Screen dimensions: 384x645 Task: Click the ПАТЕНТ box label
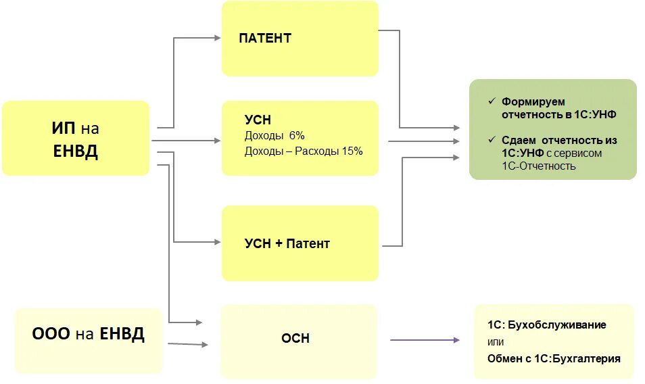coord(265,38)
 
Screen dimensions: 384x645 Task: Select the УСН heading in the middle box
coord(258,120)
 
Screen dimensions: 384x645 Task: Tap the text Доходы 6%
coord(274,136)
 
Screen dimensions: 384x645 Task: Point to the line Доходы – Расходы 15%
coord(304,151)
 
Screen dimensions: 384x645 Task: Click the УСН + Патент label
coord(287,243)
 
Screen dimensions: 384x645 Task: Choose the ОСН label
coord(295,338)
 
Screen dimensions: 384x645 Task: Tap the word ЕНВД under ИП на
coord(75,151)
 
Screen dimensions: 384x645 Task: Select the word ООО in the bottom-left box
coord(51,334)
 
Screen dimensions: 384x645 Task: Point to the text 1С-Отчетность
coord(538,166)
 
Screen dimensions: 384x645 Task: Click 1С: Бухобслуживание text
coord(546,325)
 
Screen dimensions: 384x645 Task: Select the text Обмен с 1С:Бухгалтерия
coord(554,358)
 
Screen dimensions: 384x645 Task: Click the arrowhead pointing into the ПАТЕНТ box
coord(218,38)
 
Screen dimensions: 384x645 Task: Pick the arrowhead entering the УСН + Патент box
coord(218,242)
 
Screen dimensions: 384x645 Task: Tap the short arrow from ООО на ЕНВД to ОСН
coord(187,345)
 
